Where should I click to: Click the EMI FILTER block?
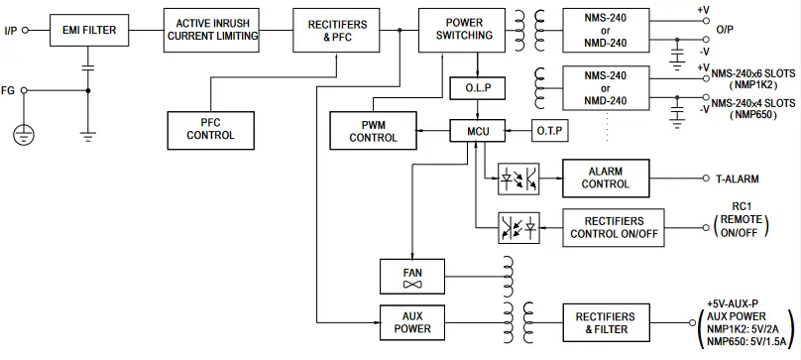(88, 30)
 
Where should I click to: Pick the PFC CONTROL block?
(210, 128)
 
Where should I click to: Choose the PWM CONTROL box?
(373, 131)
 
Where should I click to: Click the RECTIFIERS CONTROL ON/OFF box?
(608, 227)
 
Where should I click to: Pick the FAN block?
(411, 276)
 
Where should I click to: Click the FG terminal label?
(9, 90)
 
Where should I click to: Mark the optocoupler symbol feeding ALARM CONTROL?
(516, 179)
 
